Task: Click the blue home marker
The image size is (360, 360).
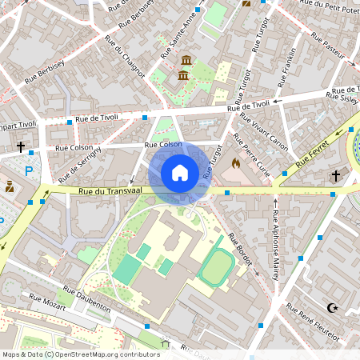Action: (x=180, y=172)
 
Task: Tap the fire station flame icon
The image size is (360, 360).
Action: (x=235, y=163)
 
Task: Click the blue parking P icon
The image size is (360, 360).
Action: (x=30, y=170)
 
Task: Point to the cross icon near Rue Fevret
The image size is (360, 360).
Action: (x=336, y=175)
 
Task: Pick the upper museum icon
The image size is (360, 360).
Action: (x=186, y=62)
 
